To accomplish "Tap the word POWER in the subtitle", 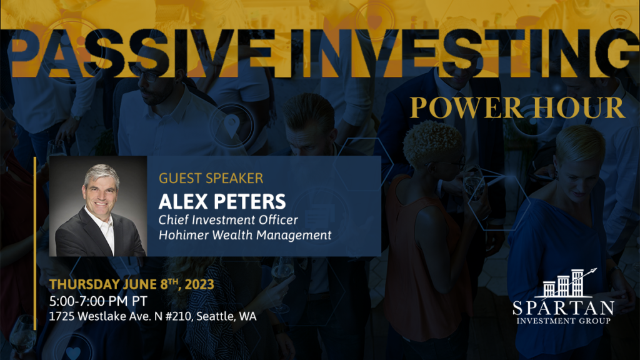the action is coord(466,107).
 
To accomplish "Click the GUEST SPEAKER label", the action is coord(211,178).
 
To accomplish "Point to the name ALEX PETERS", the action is coord(222,202).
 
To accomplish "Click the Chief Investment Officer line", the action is coord(228,220).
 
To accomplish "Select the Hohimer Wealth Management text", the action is coord(245,235).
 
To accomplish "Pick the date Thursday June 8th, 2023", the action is coord(131,284).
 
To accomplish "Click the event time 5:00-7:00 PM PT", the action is coord(98,301).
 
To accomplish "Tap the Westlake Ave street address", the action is coord(152,316).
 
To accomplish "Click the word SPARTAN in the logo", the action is coord(563,307).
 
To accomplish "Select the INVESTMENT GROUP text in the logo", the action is coord(563,321).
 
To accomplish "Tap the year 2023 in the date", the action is coord(199,284).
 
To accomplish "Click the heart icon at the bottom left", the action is coord(74,352).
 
